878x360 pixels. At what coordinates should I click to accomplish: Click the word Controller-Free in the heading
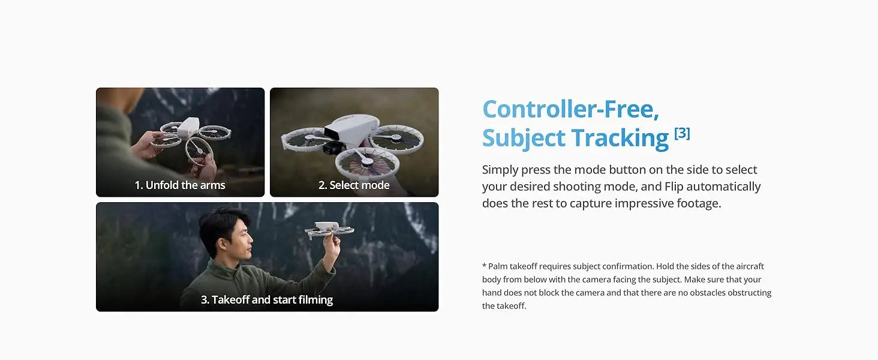tap(570, 109)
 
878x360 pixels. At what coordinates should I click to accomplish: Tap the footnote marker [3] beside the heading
tap(682, 133)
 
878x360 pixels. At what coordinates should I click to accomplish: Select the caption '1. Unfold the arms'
tap(180, 185)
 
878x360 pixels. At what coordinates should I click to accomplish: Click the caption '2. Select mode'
tap(354, 185)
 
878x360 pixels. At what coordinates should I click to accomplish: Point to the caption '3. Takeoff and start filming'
tap(267, 299)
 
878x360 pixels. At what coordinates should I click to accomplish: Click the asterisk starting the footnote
tap(484, 266)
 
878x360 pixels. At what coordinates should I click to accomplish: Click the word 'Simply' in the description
tap(500, 170)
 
